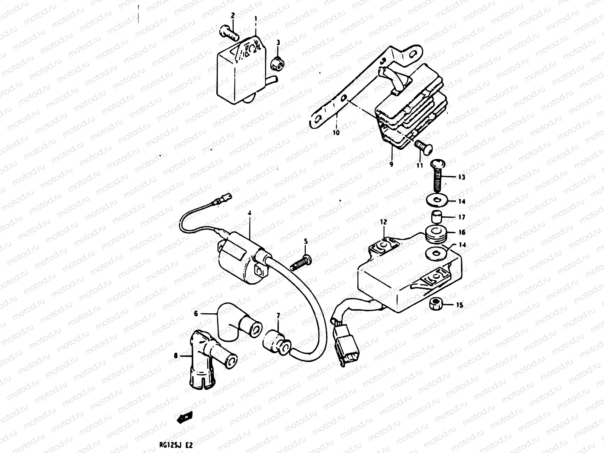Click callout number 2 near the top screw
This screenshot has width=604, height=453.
(233, 15)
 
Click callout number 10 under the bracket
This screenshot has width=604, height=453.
(336, 133)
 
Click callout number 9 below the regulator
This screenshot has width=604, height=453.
(391, 164)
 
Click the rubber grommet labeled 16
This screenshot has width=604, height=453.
(437, 236)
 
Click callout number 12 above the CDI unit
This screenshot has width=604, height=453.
(384, 222)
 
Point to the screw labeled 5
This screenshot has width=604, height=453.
(301, 263)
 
